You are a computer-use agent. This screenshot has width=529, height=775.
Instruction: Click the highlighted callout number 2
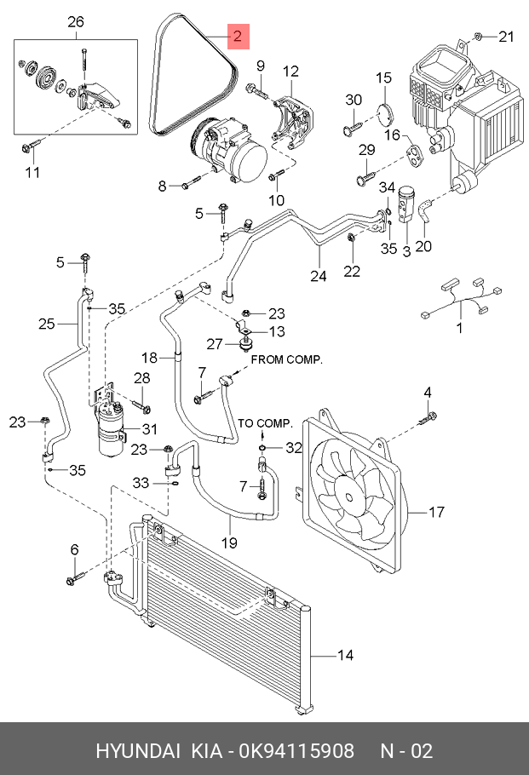[238, 36]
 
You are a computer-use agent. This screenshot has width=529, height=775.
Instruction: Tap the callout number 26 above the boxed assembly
[76, 22]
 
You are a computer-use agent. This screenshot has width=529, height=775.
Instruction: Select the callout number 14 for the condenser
[345, 656]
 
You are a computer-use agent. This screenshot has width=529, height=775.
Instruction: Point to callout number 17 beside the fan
[436, 512]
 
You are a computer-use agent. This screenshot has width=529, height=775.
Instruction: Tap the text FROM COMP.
[287, 359]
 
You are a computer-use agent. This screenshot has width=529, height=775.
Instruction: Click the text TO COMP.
[266, 423]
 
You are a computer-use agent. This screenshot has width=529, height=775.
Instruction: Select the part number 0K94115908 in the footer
[296, 750]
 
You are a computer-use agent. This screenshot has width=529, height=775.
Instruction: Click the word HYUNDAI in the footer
[137, 750]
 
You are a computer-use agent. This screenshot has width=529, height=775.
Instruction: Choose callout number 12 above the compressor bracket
[290, 72]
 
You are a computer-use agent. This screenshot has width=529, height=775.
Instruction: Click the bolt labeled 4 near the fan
[428, 418]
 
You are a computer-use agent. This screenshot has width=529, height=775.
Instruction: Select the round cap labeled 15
[386, 113]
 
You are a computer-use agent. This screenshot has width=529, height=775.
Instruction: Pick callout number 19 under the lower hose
[229, 542]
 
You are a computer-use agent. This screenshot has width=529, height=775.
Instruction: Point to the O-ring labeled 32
[262, 448]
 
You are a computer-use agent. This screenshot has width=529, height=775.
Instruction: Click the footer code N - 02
[406, 750]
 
